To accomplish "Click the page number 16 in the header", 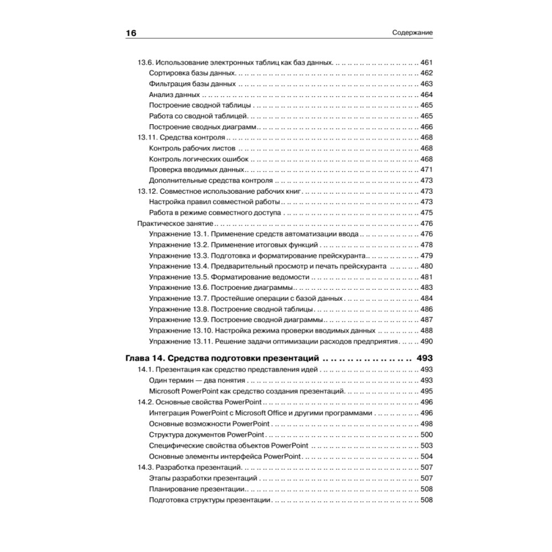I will coord(131,33).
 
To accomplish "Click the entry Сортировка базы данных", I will coord(193,73).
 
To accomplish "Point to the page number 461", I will coord(427,62).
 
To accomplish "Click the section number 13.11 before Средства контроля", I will coord(147,137).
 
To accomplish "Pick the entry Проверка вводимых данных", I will coord(197,170).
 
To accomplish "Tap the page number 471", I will coord(427,170).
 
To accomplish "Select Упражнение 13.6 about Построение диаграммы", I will coord(221,288).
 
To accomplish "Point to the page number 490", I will coord(427,342).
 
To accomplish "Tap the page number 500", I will coord(427,434).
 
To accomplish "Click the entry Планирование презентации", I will coord(197,489).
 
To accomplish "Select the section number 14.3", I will coord(146,468).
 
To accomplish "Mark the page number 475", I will coord(427,213).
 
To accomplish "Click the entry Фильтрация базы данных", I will coord(192,84).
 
